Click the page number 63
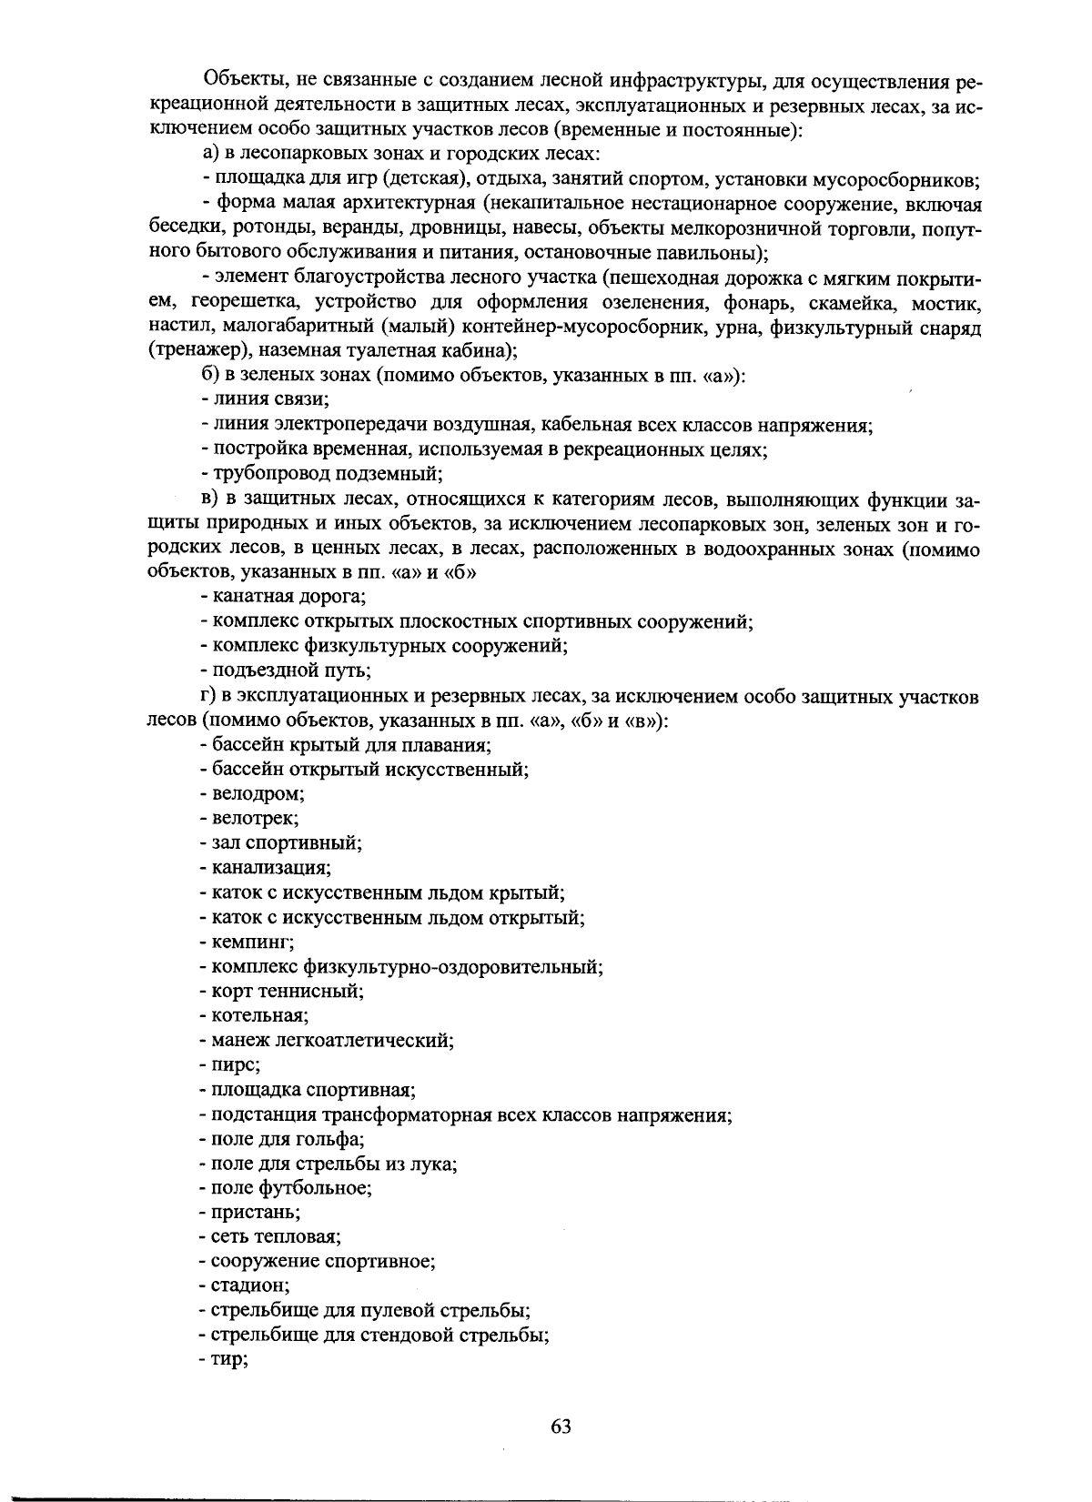coord(561,1426)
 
